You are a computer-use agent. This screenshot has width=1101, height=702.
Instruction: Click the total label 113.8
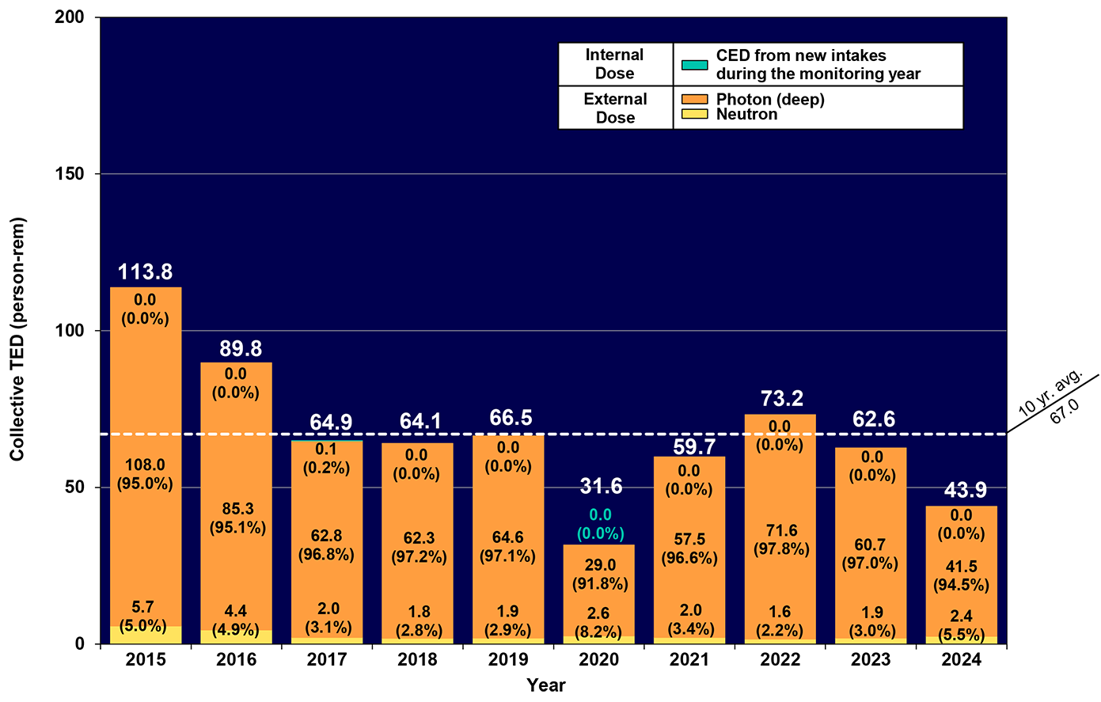click(x=145, y=272)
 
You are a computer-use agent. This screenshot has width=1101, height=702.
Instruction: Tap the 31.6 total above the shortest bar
click(x=601, y=485)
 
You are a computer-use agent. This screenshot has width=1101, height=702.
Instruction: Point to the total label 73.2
click(x=782, y=399)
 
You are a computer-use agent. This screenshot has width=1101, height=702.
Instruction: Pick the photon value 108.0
click(x=145, y=465)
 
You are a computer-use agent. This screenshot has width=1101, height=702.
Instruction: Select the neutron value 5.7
click(x=142, y=607)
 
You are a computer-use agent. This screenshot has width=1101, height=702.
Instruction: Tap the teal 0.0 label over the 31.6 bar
click(x=601, y=515)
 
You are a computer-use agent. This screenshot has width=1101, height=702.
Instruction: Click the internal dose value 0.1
click(x=325, y=450)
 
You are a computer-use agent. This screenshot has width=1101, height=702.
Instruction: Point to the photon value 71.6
click(x=781, y=530)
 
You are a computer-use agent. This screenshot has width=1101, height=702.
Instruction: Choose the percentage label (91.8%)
click(x=600, y=584)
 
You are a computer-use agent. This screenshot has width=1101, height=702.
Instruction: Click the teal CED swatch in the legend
click(x=694, y=65)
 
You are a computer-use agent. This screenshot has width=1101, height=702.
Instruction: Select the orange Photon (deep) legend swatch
click(x=694, y=100)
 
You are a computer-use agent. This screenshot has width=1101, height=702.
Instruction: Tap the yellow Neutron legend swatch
click(x=694, y=114)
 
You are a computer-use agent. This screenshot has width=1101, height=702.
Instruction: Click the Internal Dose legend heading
click(x=614, y=64)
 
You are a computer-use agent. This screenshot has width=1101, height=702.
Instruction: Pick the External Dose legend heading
click(x=615, y=108)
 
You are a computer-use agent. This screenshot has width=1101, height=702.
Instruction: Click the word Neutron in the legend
click(x=746, y=114)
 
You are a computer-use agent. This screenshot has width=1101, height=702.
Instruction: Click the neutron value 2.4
click(x=961, y=616)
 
